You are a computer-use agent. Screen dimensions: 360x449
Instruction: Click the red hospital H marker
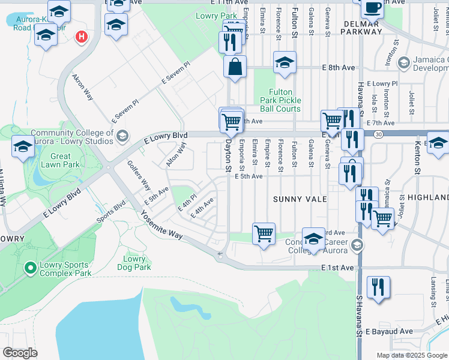pos(81,37)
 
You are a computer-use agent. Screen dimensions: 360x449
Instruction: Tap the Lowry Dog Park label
pos(134,263)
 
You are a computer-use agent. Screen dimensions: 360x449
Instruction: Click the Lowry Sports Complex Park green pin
pos(29,267)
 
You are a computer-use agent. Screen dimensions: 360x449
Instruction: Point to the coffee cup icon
pos(372,7)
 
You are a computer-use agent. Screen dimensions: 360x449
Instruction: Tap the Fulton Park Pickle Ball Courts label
pos(281,101)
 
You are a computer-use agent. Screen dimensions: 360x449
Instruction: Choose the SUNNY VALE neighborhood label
pos(300,199)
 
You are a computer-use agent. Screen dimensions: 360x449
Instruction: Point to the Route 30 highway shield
pos(377,134)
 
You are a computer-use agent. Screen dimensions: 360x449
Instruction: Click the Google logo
pos(20,353)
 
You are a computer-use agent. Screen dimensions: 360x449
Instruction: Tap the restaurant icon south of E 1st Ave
pos(378,286)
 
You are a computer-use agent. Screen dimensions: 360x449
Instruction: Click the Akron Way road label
pos(83,88)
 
